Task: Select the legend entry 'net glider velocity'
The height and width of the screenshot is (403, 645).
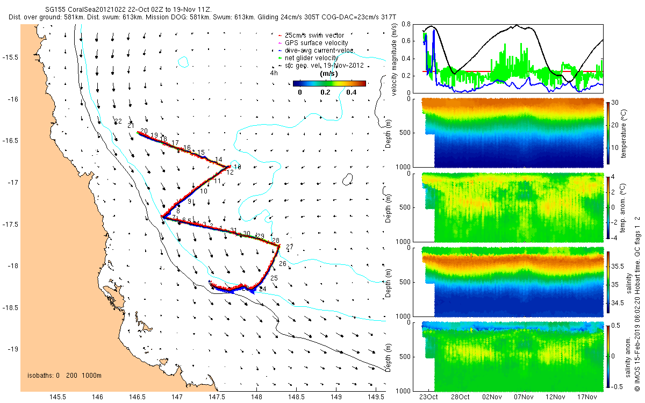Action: click(311, 58)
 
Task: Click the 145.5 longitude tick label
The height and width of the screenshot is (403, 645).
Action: click(58, 397)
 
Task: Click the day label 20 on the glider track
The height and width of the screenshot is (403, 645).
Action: click(144, 131)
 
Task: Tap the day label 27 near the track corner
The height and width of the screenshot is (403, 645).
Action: click(290, 247)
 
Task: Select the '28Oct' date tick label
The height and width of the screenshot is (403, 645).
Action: click(460, 397)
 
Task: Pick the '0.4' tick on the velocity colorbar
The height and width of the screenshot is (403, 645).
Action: click(351, 92)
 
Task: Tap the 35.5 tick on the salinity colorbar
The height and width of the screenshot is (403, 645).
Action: click(617, 266)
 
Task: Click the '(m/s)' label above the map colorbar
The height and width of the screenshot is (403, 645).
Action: click(328, 74)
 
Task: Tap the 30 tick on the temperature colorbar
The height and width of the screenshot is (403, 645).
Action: click(614, 102)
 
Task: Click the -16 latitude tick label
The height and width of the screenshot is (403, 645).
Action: click(13, 99)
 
